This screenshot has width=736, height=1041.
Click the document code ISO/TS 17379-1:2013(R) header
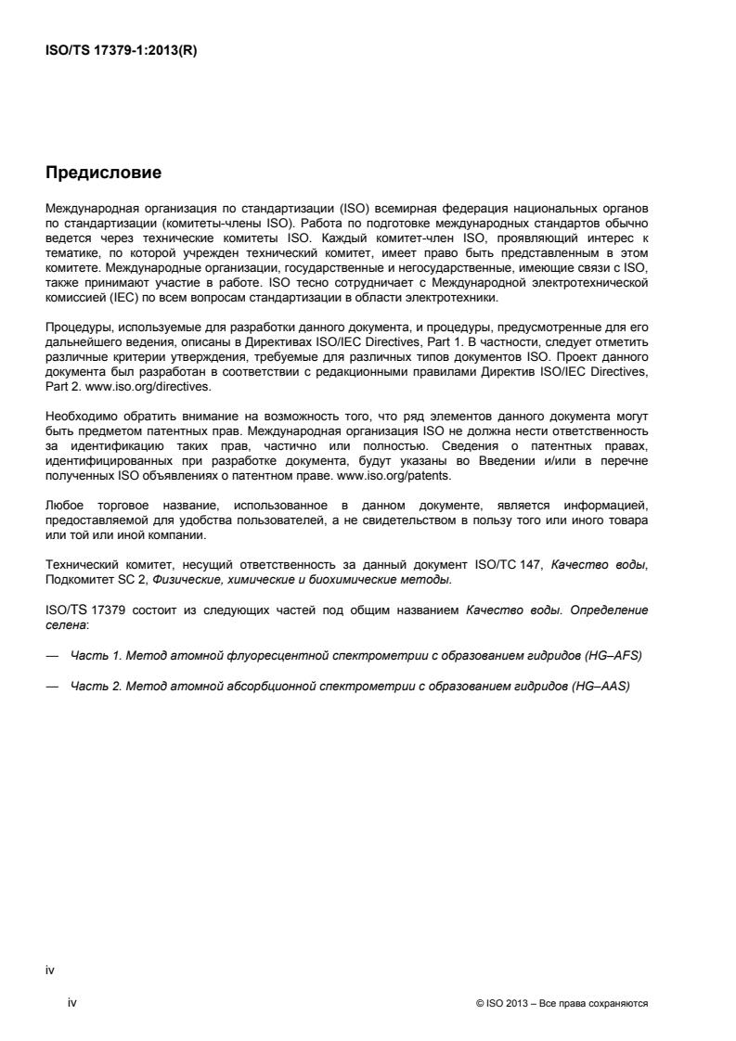click(121, 51)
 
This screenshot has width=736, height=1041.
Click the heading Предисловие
click(103, 173)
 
